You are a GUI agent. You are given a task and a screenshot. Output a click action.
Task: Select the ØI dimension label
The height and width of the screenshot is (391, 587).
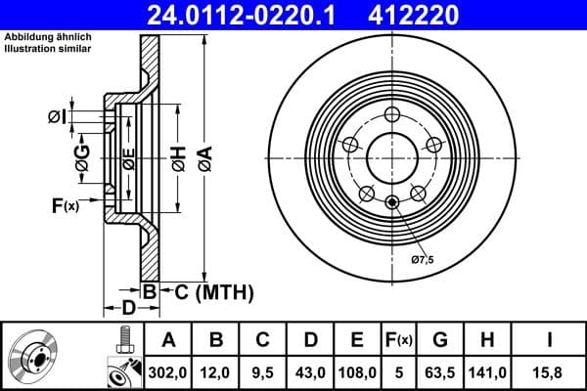(x=58, y=117)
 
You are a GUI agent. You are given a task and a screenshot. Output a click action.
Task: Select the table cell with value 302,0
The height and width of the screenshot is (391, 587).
(x=168, y=371)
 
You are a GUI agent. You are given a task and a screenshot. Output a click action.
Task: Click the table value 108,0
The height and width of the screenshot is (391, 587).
(x=357, y=371)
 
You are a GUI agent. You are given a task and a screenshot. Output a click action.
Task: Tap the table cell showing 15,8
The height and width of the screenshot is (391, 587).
(x=548, y=371)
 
